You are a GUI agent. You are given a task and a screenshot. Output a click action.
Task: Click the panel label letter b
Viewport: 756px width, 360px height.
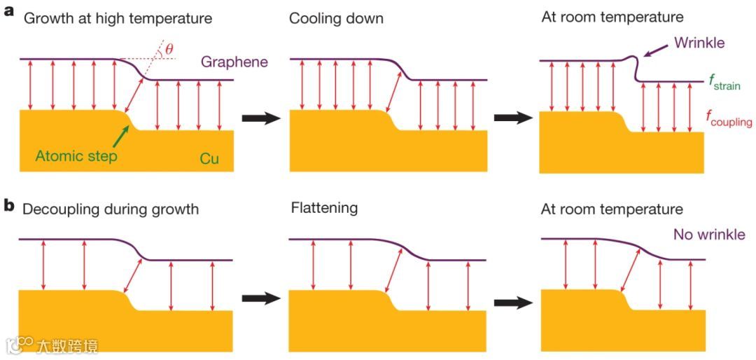(8, 208)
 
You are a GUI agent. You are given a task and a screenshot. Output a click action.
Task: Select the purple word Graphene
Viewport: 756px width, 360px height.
(234, 62)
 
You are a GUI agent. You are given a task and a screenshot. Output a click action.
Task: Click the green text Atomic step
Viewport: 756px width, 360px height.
(76, 156)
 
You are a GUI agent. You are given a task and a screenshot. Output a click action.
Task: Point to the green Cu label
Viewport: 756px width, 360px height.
(209, 159)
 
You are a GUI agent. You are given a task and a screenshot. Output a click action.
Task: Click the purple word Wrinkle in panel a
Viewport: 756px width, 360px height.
(699, 43)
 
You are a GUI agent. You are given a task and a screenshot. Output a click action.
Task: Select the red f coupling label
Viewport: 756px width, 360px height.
(729, 118)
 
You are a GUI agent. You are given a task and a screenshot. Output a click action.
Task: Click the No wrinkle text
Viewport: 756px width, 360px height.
(709, 235)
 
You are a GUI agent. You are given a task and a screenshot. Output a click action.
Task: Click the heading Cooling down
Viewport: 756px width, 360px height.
(336, 18)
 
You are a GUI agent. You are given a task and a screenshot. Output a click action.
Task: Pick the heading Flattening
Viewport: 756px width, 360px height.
(325, 208)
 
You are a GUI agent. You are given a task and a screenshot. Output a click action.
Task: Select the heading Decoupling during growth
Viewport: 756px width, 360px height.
(111, 209)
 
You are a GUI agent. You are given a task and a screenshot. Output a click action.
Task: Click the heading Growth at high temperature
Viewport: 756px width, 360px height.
(118, 18)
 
